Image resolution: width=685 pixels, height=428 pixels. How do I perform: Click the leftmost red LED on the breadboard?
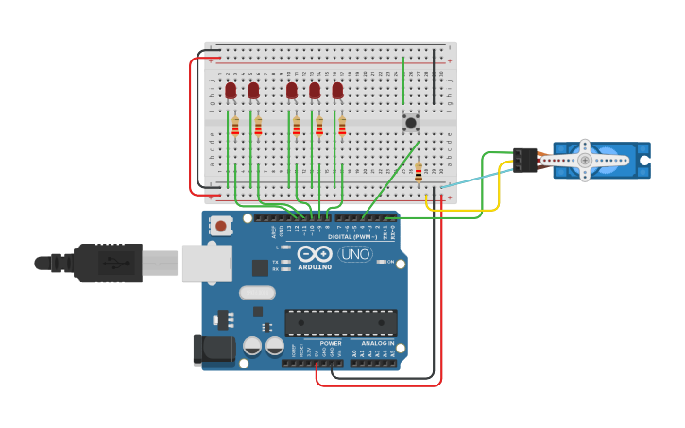tap(231, 91)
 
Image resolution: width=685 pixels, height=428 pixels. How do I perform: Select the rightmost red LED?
tap(337, 91)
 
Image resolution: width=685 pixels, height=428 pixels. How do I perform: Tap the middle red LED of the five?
tap(292, 91)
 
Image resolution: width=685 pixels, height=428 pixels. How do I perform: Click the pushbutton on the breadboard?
tap(410, 123)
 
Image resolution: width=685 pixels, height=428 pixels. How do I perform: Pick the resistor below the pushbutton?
tap(419, 172)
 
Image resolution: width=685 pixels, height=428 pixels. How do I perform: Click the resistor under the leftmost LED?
tap(235, 126)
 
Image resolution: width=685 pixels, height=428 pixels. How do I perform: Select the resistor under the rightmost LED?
tap(342, 126)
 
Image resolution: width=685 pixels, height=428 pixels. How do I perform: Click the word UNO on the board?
tap(354, 254)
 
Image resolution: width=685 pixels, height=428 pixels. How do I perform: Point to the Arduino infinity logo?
tap(314, 253)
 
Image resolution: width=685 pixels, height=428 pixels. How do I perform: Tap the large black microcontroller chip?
tap(340, 322)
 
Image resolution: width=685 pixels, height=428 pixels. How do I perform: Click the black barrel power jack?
tap(214, 350)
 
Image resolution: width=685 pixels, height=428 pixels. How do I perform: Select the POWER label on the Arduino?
tap(331, 343)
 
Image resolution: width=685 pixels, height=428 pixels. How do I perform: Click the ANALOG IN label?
tap(378, 343)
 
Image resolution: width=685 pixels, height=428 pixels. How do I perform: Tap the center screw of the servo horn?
tap(585, 161)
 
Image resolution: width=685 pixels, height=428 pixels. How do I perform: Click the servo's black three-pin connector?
tap(525, 160)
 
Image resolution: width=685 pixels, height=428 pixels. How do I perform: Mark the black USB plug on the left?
tap(104, 263)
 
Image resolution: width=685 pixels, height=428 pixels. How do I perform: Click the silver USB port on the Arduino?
tap(206, 263)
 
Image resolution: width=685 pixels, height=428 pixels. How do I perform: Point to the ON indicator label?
tap(389, 262)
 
